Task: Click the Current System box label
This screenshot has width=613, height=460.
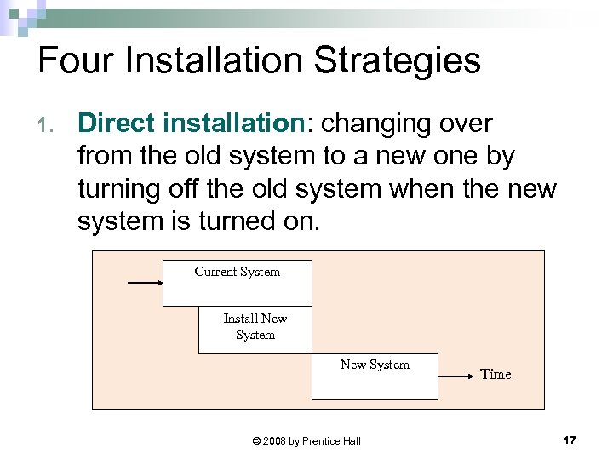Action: (237, 272)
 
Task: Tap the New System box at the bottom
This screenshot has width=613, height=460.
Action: (375, 375)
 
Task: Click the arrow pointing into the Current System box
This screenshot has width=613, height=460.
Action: (145, 281)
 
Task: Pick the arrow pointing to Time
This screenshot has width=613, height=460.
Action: (456, 375)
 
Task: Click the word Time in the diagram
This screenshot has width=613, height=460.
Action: (496, 374)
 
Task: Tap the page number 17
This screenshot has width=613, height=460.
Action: (570, 440)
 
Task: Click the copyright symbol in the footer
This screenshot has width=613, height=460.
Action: (257, 440)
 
